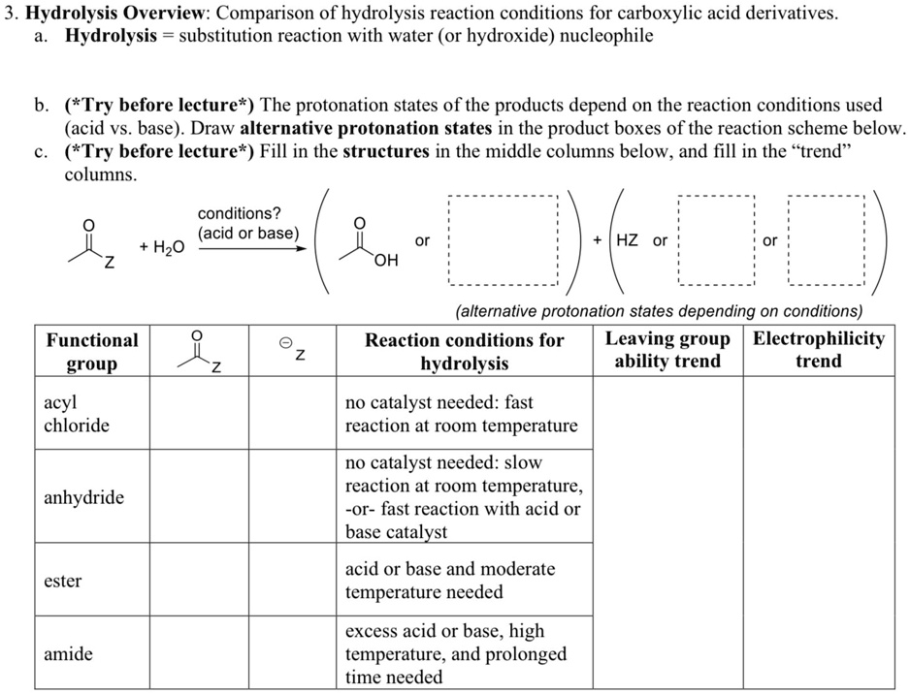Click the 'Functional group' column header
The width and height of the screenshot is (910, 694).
click(x=92, y=352)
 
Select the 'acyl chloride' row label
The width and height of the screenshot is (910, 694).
click(x=77, y=414)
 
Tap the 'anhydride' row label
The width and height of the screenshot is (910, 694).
click(x=83, y=498)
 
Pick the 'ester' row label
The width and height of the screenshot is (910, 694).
click(x=63, y=582)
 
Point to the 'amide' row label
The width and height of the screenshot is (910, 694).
click(x=68, y=654)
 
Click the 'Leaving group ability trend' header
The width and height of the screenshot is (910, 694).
click(x=667, y=350)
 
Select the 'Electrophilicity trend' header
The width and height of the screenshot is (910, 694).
click(x=818, y=350)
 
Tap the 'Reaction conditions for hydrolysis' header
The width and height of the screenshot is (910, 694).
click(x=464, y=352)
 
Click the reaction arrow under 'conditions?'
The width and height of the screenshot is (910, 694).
click(x=253, y=247)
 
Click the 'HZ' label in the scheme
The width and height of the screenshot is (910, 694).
click(x=627, y=240)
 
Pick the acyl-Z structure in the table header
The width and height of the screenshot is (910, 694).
click(x=200, y=352)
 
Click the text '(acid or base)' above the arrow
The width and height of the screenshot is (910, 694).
click(x=248, y=233)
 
